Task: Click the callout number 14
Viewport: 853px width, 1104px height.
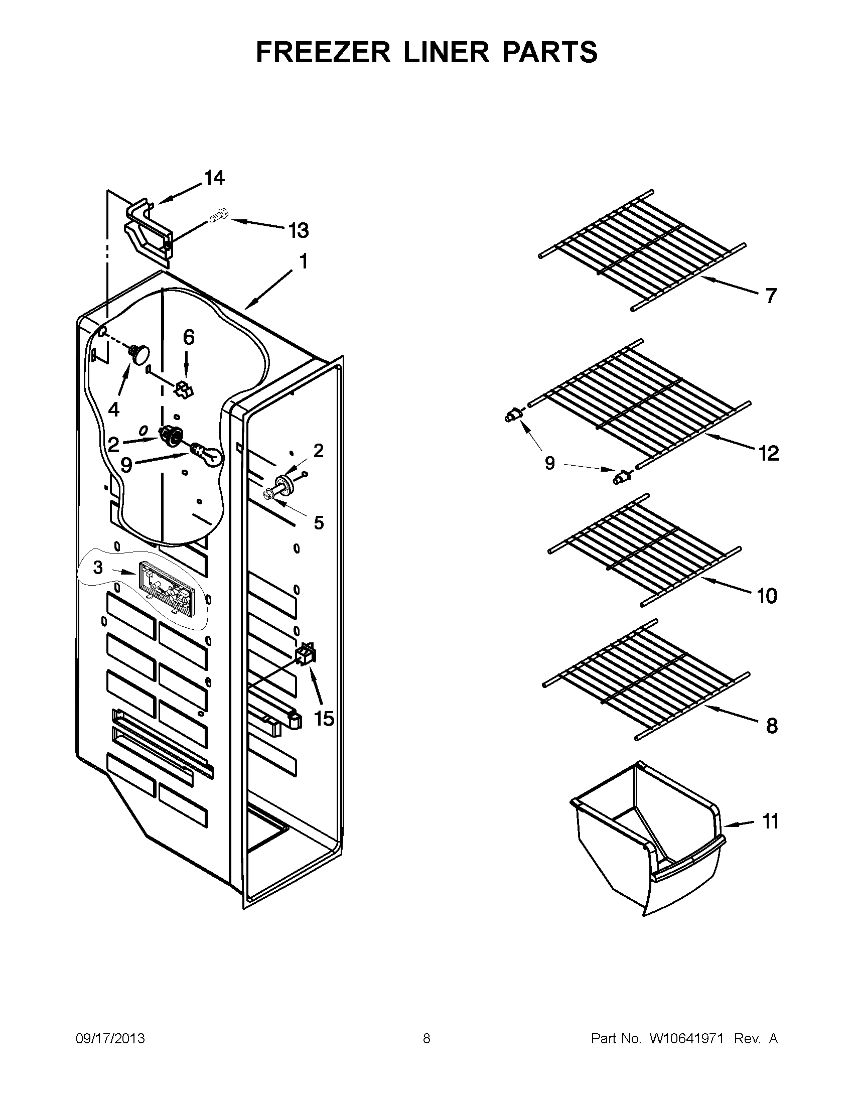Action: pyautogui.click(x=214, y=179)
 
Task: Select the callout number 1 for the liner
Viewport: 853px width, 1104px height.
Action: pyautogui.click(x=303, y=262)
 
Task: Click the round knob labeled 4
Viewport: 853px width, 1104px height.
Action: pyautogui.click(x=140, y=352)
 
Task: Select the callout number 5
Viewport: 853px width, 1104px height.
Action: pyautogui.click(x=318, y=523)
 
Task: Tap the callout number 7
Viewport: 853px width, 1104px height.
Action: pyautogui.click(x=770, y=296)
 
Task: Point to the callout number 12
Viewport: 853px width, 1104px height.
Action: pyautogui.click(x=769, y=454)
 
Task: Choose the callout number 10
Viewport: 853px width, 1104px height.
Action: pyautogui.click(x=767, y=597)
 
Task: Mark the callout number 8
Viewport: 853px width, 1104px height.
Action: pyautogui.click(x=771, y=727)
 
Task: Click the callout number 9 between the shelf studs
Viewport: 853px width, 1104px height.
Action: pyautogui.click(x=550, y=463)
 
